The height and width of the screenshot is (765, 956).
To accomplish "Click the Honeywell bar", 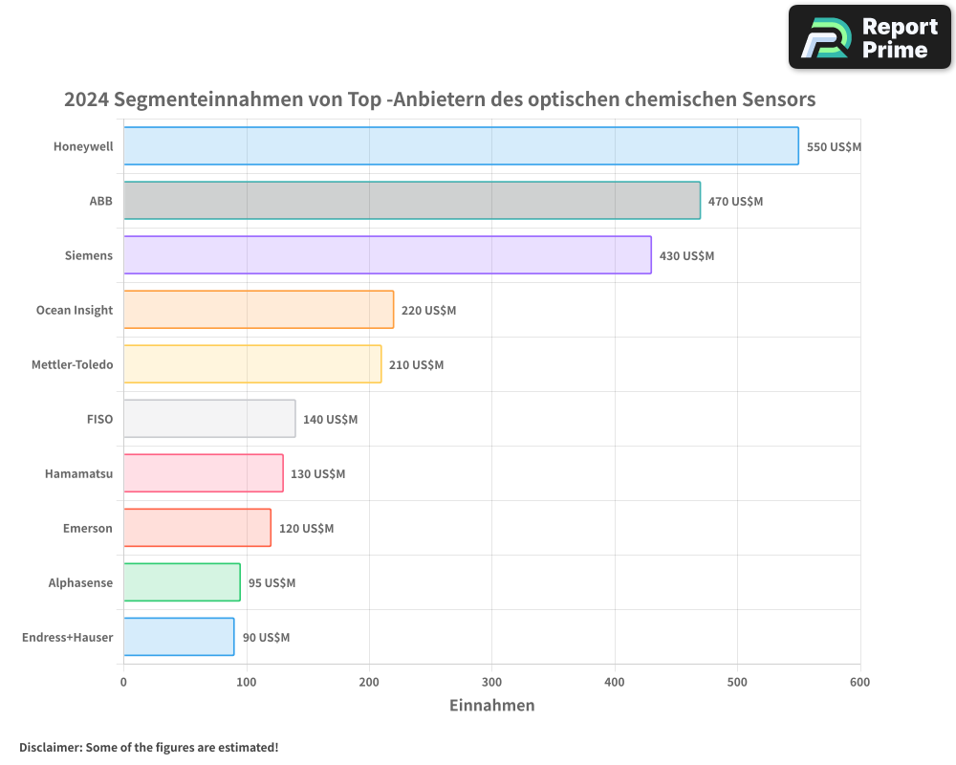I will click(x=461, y=146).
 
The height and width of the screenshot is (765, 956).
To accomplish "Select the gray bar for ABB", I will click(x=411, y=201).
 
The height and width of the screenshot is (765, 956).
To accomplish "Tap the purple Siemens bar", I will click(x=387, y=255).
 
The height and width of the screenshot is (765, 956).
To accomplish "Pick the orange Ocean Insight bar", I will click(x=258, y=310).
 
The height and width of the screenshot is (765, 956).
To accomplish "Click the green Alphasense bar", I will click(x=182, y=582).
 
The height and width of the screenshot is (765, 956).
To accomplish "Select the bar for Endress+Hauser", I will click(x=179, y=637).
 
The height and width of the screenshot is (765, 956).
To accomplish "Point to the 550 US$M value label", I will click(x=834, y=147).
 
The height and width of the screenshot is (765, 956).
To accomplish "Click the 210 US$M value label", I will click(x=416, y=365).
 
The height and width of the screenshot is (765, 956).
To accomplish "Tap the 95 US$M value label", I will click(x=272, y=583).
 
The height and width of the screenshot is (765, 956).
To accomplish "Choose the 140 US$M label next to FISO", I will click(x=330, y=420).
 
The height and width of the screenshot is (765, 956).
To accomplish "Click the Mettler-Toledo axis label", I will click(x=72, y=364).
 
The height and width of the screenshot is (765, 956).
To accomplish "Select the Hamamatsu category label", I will click(x=78, y=473).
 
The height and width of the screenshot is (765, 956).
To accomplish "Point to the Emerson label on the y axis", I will click(x=87, y=528).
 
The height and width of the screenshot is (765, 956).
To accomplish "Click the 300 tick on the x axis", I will click(x=491, y=682).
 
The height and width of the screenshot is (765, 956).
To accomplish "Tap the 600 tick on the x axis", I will click(x=859, y=682).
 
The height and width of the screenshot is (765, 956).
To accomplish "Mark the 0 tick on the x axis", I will click(x=123, y=682).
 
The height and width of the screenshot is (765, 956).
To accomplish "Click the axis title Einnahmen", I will click(x=491, y=706).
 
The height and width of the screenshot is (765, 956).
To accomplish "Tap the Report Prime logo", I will click(x=869, y=37).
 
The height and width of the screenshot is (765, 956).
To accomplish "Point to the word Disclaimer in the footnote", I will click(x=50, y=747).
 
